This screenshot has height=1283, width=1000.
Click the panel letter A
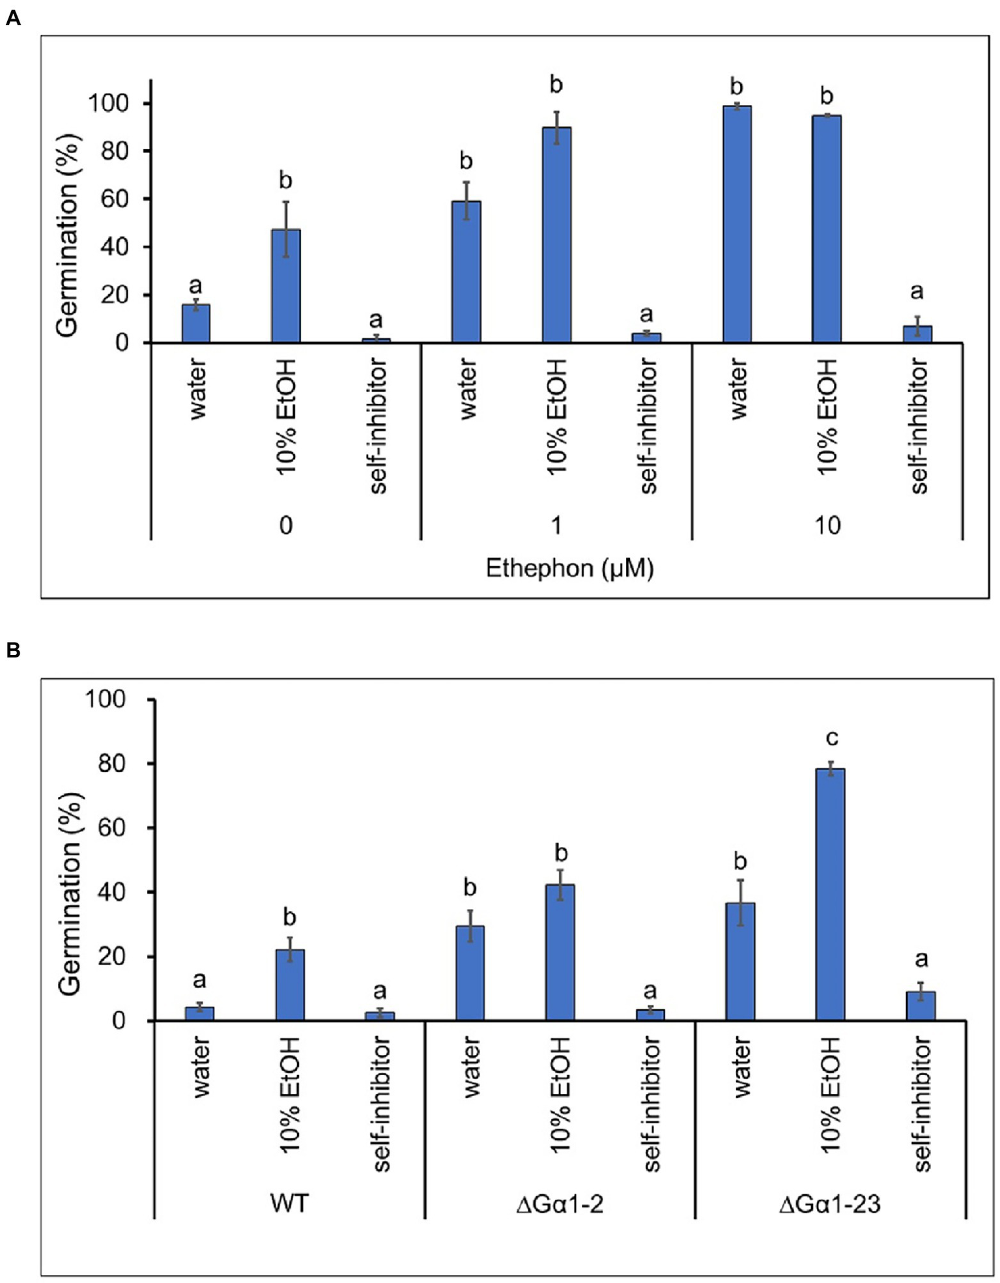pos(12,18)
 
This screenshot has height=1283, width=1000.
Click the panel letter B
pos(12,650)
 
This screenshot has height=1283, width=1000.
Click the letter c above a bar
pos(831,738)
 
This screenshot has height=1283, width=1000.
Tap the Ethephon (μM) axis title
pos(569,568)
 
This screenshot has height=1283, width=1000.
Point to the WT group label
pos(289,1203)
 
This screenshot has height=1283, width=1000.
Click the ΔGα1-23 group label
pos(830,1204)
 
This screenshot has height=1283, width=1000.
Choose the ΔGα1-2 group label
pos(560,1204)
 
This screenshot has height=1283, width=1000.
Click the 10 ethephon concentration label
pos(827,525)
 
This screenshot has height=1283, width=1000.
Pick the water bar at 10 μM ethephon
pos(737,224)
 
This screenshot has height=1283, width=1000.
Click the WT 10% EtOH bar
pos(290,985)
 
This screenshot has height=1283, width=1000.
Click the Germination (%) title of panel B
pos(70,894)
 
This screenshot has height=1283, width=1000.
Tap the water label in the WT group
pos(201,1068)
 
